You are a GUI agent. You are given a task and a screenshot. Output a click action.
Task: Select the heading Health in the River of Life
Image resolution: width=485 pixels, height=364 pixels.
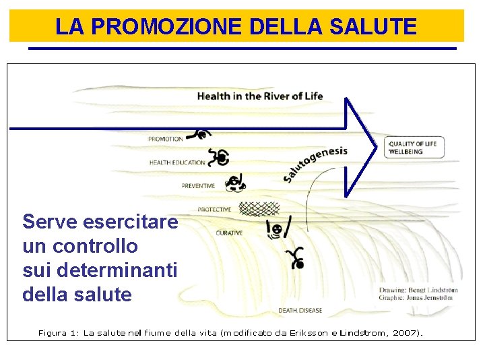click(x=259, y=96)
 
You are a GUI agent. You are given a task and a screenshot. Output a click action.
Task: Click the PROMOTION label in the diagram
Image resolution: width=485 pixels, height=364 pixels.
click(x=165, y=140)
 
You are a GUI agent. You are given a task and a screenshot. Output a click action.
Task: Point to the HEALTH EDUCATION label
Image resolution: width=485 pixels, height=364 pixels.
click(x=177, y=163)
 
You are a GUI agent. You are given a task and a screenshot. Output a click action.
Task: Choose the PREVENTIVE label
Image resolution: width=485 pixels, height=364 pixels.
click(x=198, y=186)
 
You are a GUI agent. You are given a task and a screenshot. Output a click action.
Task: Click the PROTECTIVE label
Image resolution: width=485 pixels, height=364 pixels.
click(x=214, y=210)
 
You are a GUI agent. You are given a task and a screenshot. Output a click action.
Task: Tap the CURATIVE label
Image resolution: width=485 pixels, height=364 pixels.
click(x=229, y=233)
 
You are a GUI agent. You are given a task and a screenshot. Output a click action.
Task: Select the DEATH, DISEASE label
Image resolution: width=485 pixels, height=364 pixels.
click(x=300, y=311)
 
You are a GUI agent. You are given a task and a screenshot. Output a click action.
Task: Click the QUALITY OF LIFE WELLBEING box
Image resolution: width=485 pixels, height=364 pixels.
click(x=414, y=148)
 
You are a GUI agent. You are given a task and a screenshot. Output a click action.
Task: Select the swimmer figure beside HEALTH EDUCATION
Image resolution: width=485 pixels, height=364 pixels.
click(x=218, y=158)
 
